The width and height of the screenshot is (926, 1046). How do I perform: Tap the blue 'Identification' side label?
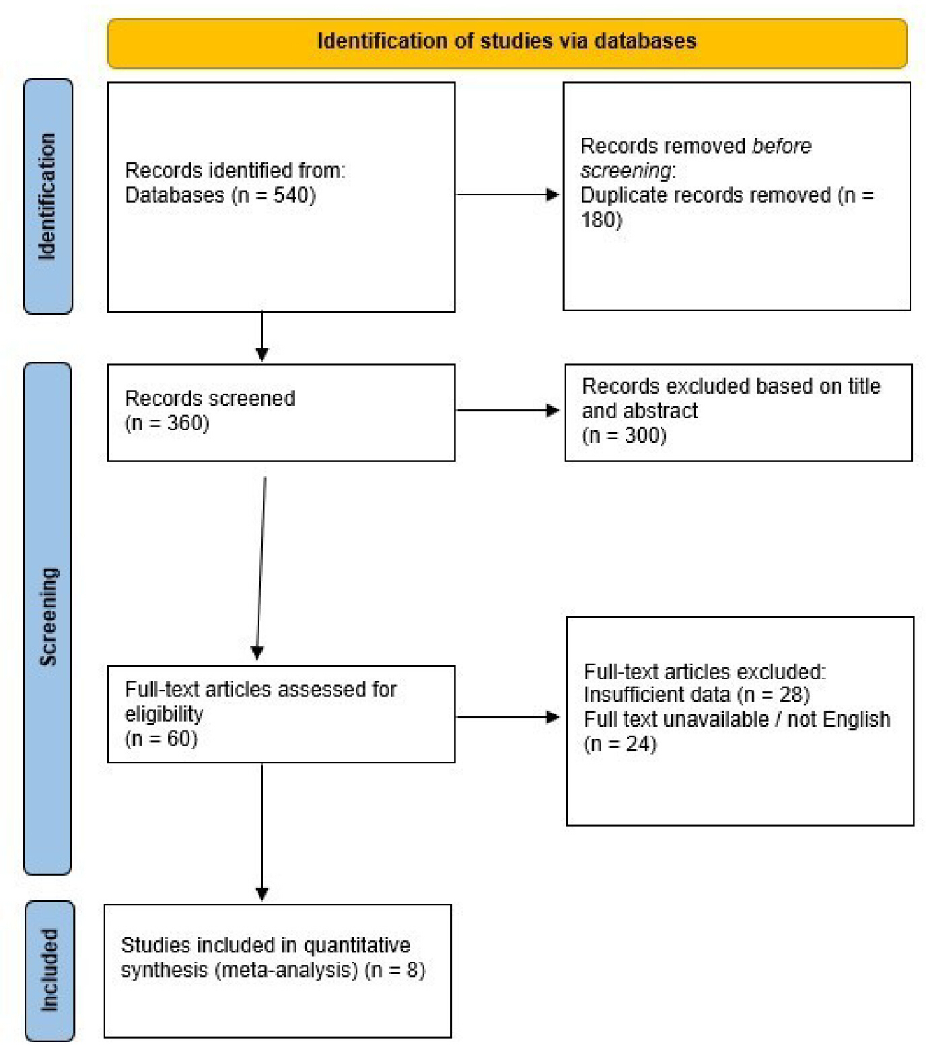point(48,197)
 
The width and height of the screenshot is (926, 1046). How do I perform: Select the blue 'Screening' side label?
point(48,619)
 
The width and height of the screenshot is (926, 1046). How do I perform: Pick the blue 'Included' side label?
point(49,971)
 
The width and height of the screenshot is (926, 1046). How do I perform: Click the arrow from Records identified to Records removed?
point(508,195)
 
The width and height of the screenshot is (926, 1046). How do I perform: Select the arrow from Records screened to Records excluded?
point(508,410)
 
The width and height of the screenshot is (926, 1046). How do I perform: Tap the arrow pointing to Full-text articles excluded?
point(508,717)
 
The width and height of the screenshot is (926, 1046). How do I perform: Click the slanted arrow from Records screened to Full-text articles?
point(261,568)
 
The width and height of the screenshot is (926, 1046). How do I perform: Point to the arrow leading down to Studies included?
point(262,832)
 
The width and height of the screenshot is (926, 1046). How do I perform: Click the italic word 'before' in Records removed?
point(781,146)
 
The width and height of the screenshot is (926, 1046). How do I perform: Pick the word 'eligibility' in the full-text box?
point(164,714)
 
